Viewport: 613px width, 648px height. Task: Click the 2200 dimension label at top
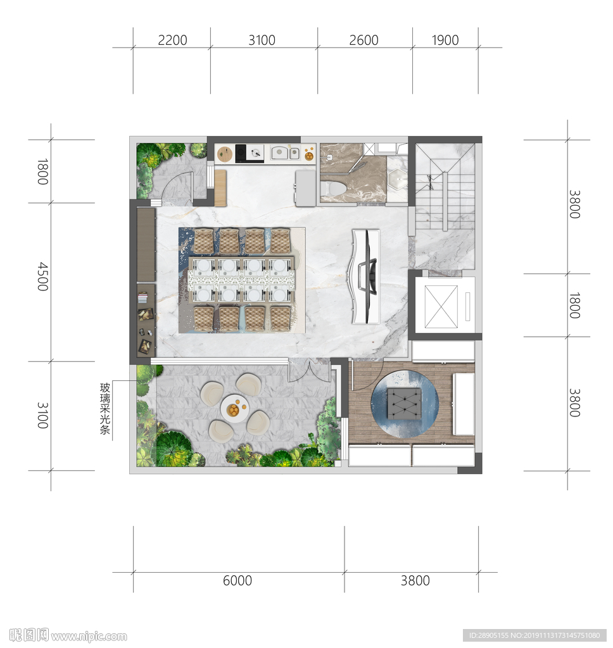[172, 40]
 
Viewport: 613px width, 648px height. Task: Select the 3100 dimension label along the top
[262, 40]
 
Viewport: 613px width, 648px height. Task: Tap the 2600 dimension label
[363, 40]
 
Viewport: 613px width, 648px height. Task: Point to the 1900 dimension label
[445, 40]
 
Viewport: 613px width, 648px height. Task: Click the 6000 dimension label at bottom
[237, 580]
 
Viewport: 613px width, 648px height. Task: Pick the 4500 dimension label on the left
[42, 277]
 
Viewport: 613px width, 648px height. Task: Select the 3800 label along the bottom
[415, 580]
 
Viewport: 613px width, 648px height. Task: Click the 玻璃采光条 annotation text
[105, 409]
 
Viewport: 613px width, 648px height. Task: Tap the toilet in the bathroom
[333, 189]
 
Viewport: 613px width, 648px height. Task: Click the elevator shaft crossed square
[441, 306]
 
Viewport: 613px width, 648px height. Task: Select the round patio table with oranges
[234, 408]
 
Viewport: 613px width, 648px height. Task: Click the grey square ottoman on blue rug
[404, 403]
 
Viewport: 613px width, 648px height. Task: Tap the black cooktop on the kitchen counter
[250, 153]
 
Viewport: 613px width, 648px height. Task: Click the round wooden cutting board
[225, 154]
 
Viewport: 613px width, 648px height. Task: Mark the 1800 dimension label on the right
[574, 305]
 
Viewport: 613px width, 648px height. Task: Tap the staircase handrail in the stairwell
[445, 201]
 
